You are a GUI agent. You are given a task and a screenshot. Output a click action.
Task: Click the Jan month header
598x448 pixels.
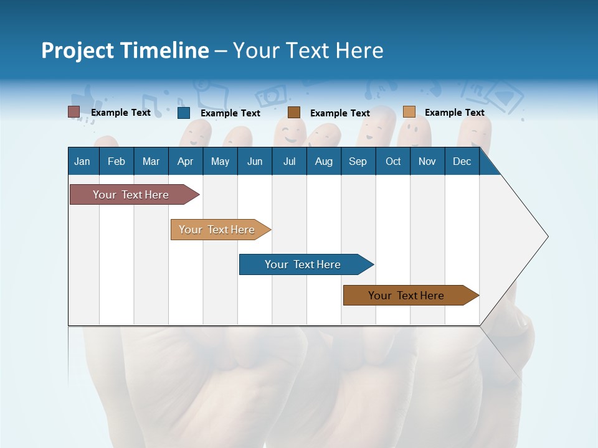[82, 161]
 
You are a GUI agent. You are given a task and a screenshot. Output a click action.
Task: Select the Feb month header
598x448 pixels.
[116, 161]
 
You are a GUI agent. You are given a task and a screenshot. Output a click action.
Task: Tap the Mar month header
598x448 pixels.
[151, 161]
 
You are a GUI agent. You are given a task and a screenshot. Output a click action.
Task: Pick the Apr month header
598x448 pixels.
[185, 161]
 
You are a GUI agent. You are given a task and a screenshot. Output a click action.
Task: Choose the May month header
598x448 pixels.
[220, 161]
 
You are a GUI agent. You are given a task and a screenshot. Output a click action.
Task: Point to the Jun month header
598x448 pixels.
[255, 161]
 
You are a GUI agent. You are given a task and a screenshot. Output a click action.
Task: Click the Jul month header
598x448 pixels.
[289, 161]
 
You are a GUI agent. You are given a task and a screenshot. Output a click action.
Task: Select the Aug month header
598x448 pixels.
[323, 161]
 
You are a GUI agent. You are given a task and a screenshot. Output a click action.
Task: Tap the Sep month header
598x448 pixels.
[358, 161]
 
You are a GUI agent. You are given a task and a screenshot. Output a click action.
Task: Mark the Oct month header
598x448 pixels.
[393, 161]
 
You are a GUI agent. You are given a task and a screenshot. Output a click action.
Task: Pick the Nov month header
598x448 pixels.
[427, 161]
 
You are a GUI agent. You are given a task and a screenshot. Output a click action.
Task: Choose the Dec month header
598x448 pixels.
[462, 161]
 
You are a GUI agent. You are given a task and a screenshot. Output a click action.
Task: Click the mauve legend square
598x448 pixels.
[74, 112]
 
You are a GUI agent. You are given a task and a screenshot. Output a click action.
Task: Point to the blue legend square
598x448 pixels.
[183, 113]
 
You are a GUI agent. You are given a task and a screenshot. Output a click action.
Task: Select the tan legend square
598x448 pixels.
[409, 112]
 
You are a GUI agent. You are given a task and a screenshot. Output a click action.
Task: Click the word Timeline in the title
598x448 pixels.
[164, 50]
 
